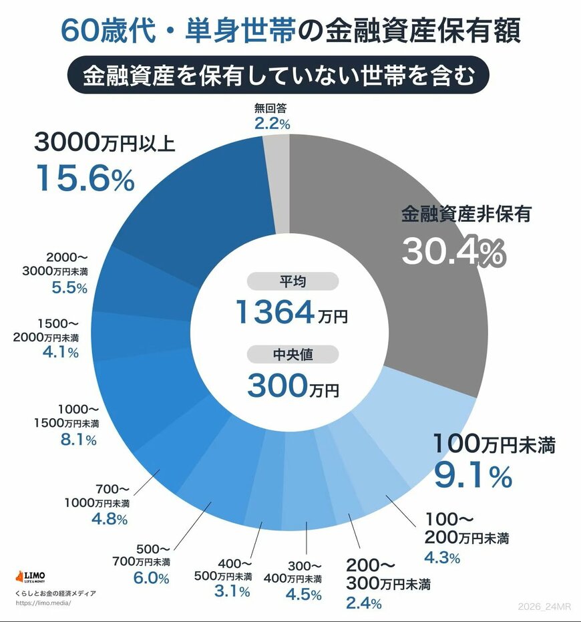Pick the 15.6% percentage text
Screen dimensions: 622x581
click(x=85, y=178)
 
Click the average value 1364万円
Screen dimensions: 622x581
click(x=291, y=312)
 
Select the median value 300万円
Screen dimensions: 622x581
click(x=291, y=385)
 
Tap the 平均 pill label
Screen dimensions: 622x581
click(x=291, y=281)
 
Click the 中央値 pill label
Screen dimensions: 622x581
click(x=291, y=355)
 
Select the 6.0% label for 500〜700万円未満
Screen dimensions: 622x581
click(x=151, y=579)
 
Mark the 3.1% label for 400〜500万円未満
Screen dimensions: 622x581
click(x=232, y=592)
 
